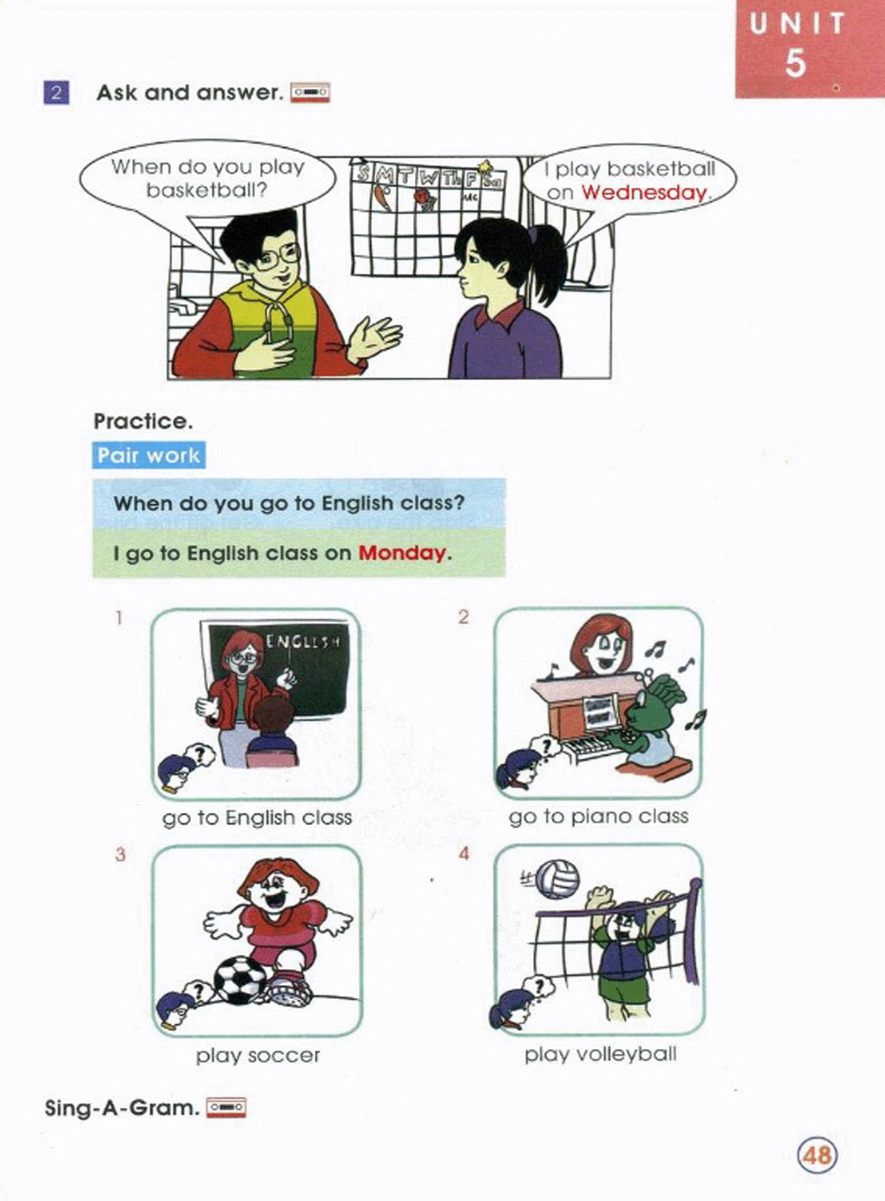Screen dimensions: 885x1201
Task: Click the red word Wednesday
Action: point(644,193)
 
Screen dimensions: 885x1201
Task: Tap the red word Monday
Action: point(402,553)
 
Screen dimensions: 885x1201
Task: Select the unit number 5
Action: point(795,63)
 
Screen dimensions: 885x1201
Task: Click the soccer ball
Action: point(239,981)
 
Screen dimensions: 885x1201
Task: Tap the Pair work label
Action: point(149,455)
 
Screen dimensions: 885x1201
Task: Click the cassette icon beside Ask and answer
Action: point(310,92)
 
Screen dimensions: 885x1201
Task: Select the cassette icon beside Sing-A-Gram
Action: point(226,1107)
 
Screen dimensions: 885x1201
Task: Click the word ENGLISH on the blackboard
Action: point(302,641)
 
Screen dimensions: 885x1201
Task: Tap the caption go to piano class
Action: point(598,817)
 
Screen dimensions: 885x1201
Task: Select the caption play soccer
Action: point(258,1056)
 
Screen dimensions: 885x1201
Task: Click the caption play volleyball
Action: point(600,1055)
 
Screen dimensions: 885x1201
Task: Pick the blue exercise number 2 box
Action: point(56,92)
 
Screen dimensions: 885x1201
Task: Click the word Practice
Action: point(143,422)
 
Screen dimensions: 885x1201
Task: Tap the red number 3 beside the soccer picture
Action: point(120,855)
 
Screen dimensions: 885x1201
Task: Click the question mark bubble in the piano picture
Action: point(546,746)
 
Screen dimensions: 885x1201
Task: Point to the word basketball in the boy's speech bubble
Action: point(206,190)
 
